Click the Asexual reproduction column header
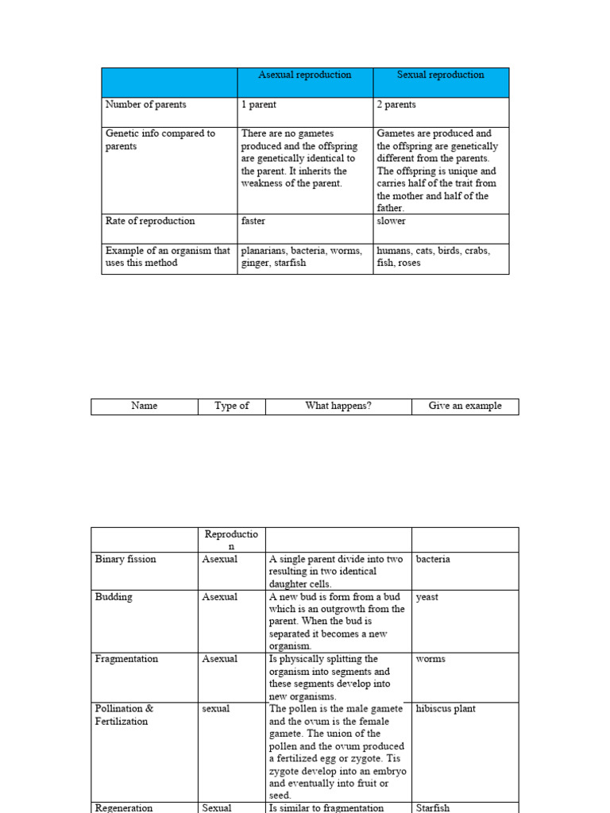click(x=304, y=75)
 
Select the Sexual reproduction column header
click(x=440, y=75)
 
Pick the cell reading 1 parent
click(x=259, y=105)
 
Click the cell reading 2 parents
click(x=396, y=105)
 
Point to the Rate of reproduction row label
click(x=149, y=221)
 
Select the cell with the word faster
click(x=253, y=221)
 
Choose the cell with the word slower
click(x=391, y=221)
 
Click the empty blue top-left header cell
click(x=169, y=83)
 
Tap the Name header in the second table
click(x=144, y=406)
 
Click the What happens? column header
click(x=338, y=406)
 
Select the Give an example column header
click(x=465, y=406)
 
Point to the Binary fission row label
click(x=125, y=559)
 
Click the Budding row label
click(x=114, y=597)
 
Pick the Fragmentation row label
click(x=126, y=659)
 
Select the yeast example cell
click(x=427, y=597)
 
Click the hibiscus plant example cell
click(x=446, y=708)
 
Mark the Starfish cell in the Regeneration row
click(x=432, y=807)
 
